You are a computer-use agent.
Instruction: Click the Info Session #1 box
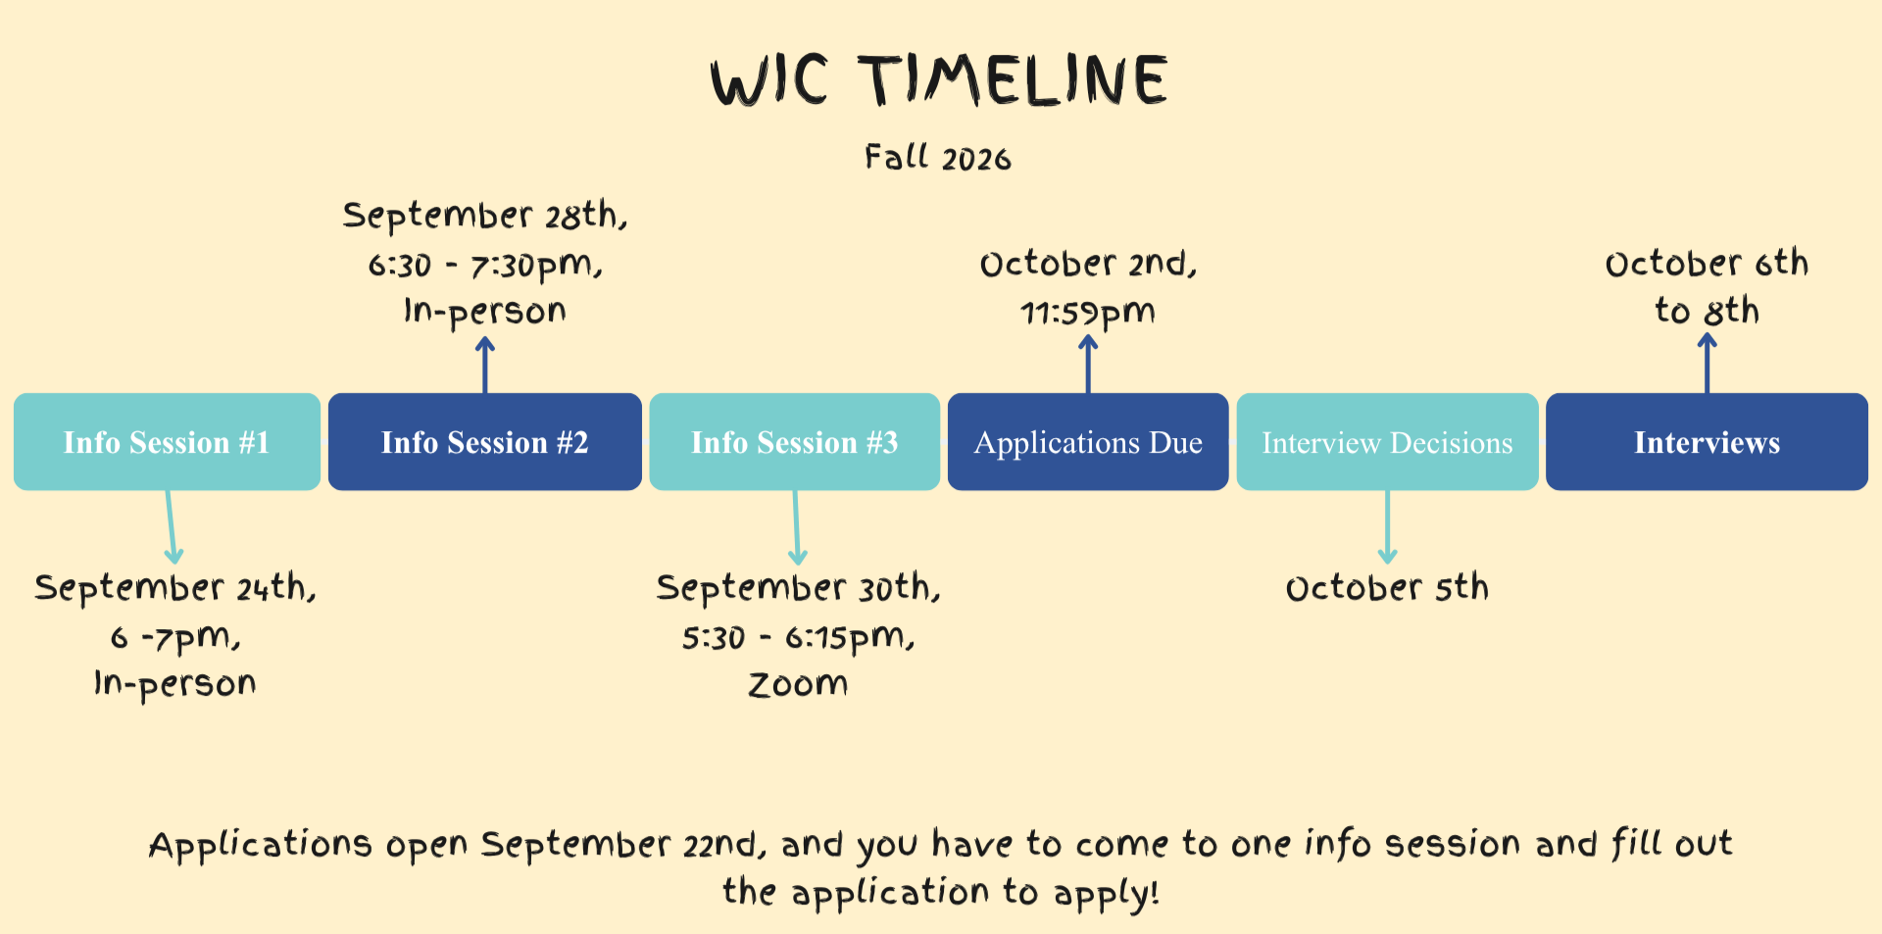click(167, 442)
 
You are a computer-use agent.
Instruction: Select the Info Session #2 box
click(485, 442)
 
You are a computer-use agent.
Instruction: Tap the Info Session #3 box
click(795, 442)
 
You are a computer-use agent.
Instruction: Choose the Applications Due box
click(1088, 442)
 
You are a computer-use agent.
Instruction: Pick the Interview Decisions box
click(1387, 442)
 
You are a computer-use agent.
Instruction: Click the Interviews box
click(1707, 442)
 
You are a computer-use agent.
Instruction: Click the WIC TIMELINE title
click(939, 80)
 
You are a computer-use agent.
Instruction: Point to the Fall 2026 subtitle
click(938, 158)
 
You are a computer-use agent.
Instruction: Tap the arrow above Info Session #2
click(485, 366)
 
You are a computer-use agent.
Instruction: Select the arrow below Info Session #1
click(172, 527)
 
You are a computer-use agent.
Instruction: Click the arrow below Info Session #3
click(796, 527)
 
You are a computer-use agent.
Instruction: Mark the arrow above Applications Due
click(1088, 365)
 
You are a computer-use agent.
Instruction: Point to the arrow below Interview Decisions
click(1387, 527)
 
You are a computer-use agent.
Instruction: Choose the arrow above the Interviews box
click(1708, 364)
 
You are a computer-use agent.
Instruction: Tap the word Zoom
click(798, 684)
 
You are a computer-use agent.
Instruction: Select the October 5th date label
click(1387, 588)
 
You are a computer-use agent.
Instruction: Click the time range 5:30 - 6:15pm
click(798, 638)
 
